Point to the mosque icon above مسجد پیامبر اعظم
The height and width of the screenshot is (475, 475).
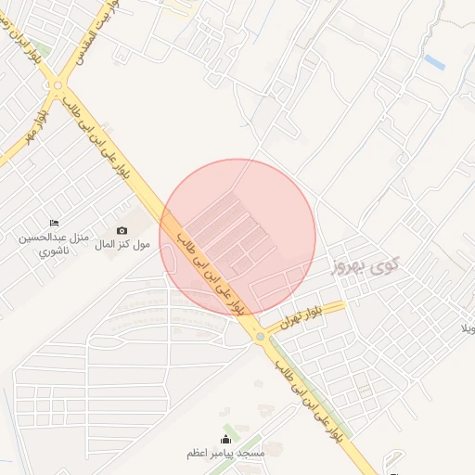click(x=225, y=440)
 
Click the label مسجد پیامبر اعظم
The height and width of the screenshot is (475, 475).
click(x=225, y=454)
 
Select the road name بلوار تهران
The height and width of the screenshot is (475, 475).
click(x=306, y=313)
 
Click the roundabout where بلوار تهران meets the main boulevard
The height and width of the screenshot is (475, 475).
click(x=261, y=336)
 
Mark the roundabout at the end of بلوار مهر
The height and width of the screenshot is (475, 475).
click(x=58, y=85)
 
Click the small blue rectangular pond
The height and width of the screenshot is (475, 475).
click(x=433, y=61)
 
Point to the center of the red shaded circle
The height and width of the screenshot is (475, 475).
click(x=238, y=237)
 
